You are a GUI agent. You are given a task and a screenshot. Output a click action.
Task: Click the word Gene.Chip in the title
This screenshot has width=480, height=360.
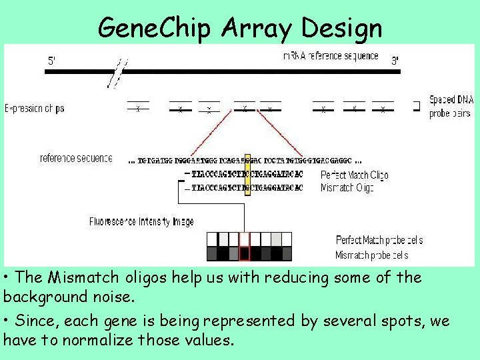(153, 28)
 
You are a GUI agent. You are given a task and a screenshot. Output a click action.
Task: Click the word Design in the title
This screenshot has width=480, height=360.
(342, 28)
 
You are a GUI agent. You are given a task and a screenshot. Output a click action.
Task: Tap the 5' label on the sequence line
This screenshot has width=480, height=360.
(52, 61)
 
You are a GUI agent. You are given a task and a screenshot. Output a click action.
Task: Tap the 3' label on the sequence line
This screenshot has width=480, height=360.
(395, 61)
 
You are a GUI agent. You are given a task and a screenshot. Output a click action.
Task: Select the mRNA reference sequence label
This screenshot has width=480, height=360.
(331, 56)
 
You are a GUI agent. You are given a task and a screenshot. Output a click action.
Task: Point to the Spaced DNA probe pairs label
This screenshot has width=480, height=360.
(451, 107)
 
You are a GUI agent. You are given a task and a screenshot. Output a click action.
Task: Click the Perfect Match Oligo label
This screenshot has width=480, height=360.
(354, 175)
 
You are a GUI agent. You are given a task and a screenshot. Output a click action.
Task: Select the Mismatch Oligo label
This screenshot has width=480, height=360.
(347, 188)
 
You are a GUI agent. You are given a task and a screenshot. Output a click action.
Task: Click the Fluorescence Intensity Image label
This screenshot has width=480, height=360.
(141, 221)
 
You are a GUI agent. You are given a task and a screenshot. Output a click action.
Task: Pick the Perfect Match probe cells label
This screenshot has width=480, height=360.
(379, 240)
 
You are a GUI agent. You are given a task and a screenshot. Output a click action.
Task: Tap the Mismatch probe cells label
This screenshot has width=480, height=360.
(372, 255)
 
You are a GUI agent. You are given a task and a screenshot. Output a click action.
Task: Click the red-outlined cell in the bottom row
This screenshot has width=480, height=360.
(244, 253)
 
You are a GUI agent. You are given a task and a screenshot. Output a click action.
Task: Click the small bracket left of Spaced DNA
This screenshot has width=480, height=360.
(417, 105)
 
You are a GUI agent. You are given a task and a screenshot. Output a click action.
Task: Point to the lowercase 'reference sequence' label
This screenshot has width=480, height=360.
(76, 159)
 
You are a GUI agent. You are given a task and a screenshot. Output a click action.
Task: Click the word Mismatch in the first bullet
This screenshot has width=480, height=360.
(73, 277)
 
